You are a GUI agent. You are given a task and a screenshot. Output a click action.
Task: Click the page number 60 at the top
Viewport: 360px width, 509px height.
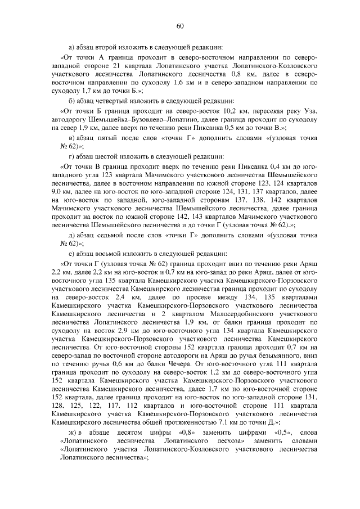click(180, 26)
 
